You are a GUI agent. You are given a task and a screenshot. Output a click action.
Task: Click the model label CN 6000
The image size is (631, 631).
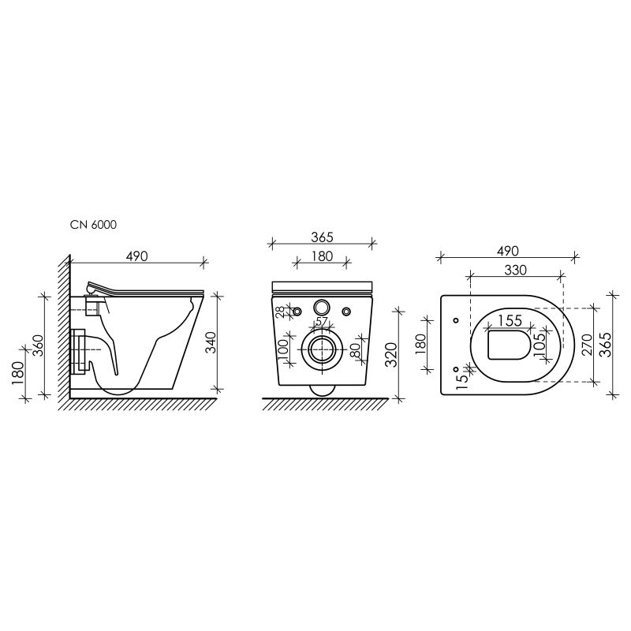(x=93, y=225)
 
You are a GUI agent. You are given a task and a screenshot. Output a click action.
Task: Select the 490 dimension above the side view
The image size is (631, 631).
(x=136, y=256)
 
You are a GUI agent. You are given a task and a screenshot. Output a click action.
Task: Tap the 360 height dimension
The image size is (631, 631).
(x=38, y=345)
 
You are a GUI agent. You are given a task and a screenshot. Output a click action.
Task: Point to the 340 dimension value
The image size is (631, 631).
(x=211, y=342)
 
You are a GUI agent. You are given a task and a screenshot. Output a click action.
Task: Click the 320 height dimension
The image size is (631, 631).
(x=391, y=354)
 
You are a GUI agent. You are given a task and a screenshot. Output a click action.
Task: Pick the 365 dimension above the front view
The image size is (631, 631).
(x=322, y=237)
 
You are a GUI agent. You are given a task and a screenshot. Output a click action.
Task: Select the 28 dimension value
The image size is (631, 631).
(x=280, y=312)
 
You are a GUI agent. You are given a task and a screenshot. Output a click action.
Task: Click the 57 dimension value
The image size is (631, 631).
(x=322, y=322)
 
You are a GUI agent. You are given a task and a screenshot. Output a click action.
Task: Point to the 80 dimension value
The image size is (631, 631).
(x=355, y=350)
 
